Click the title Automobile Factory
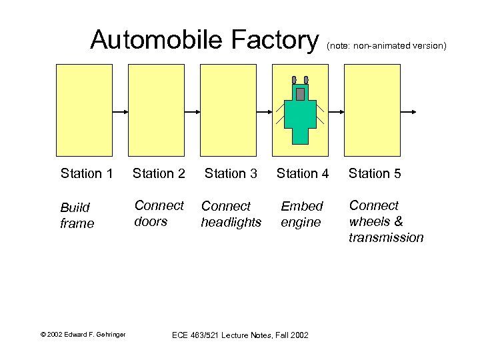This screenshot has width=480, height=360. tap(205, 40)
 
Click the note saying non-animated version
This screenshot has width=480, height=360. tap(386, 46)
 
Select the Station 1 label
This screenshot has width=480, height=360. tap(86, 174)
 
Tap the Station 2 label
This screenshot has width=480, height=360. tap(159, 174)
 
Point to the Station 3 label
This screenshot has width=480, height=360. tap(231, 174)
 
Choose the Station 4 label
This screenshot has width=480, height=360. tap(303, 174)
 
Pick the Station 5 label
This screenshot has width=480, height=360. tap(375, 174)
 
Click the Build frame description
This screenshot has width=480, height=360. tap(77, 215)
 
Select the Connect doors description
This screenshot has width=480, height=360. tap(159, 213)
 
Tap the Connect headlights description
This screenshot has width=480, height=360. tap(231, 214)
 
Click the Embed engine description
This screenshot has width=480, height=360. tap(301, 214)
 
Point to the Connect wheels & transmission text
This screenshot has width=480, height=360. tap(386, 221)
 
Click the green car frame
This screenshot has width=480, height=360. tap(301, 117)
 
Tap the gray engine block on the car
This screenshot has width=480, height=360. tap(301, 93)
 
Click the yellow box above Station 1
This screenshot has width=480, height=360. tap(84, 110)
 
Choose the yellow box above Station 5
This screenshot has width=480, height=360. tap(372, 110)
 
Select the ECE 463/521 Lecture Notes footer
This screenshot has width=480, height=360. tap(240, 335)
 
